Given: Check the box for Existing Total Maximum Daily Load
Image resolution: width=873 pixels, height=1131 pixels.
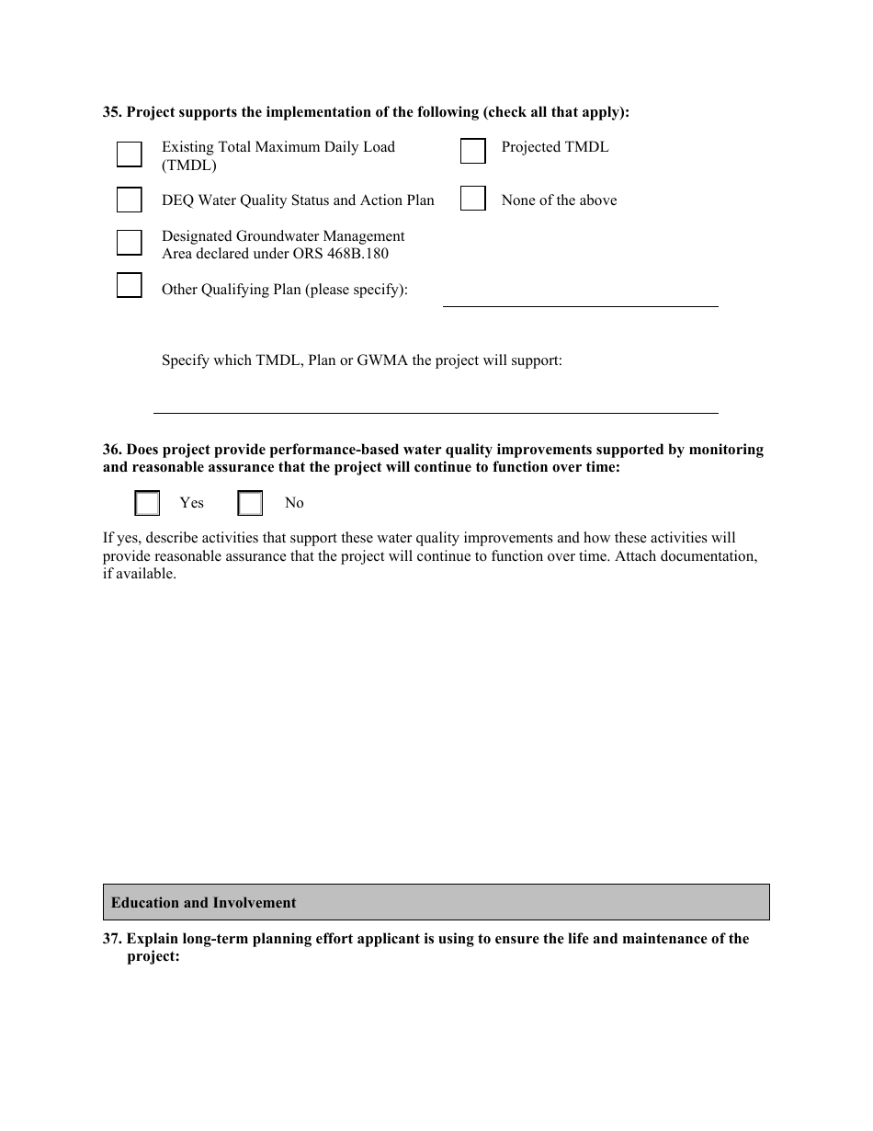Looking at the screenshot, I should point(130,154).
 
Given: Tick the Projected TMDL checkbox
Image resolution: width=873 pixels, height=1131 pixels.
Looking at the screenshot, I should point(472,152).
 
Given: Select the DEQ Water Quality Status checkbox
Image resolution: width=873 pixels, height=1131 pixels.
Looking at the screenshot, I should point(130,200).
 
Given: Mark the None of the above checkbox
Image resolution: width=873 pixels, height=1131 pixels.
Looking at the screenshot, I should point(472,199).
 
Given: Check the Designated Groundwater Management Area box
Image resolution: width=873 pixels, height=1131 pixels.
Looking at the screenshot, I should point(130,243).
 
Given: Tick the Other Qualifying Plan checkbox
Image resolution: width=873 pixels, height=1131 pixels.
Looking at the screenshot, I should point(130,286).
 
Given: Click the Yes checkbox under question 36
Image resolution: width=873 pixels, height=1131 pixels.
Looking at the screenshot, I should point(147,503).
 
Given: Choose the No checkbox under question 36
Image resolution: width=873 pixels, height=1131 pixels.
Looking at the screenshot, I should point(250,503).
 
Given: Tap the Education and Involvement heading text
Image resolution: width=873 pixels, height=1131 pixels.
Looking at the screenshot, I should point(203,903).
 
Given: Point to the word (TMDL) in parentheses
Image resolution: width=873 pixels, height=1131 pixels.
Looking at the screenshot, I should point(189,166).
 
